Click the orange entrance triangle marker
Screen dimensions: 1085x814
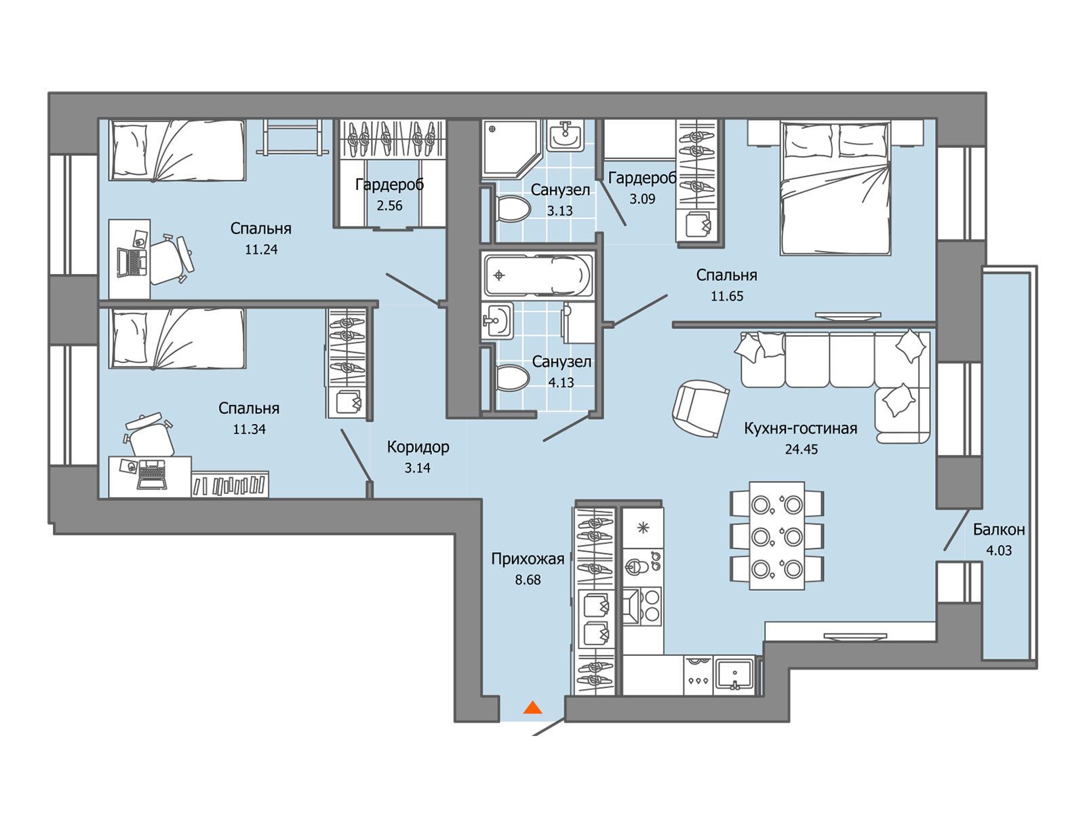(x=532, y=708)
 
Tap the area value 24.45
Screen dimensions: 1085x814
(x=802, y=449)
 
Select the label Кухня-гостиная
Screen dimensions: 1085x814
(x=800, y=428)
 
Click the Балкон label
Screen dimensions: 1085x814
(x=999, y=529)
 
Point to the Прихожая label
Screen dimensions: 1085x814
(x=528, y=559)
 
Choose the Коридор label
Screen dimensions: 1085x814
(x=418, y=447)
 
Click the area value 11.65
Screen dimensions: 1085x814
(x=727, y=296)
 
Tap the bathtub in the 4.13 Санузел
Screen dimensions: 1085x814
(x=538, y=275)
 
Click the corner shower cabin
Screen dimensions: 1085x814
(x=511, y=149)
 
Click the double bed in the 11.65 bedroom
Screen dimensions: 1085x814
(x=835, y=188)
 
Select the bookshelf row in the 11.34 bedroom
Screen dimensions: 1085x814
(x=231, y=484)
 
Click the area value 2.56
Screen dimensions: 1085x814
(x=389, y=206)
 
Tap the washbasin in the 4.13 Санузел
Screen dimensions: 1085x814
(x=498, y=321)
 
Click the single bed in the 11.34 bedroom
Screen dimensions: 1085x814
(x=178, y=338)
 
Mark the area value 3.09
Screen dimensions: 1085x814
(x=642, y=199)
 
